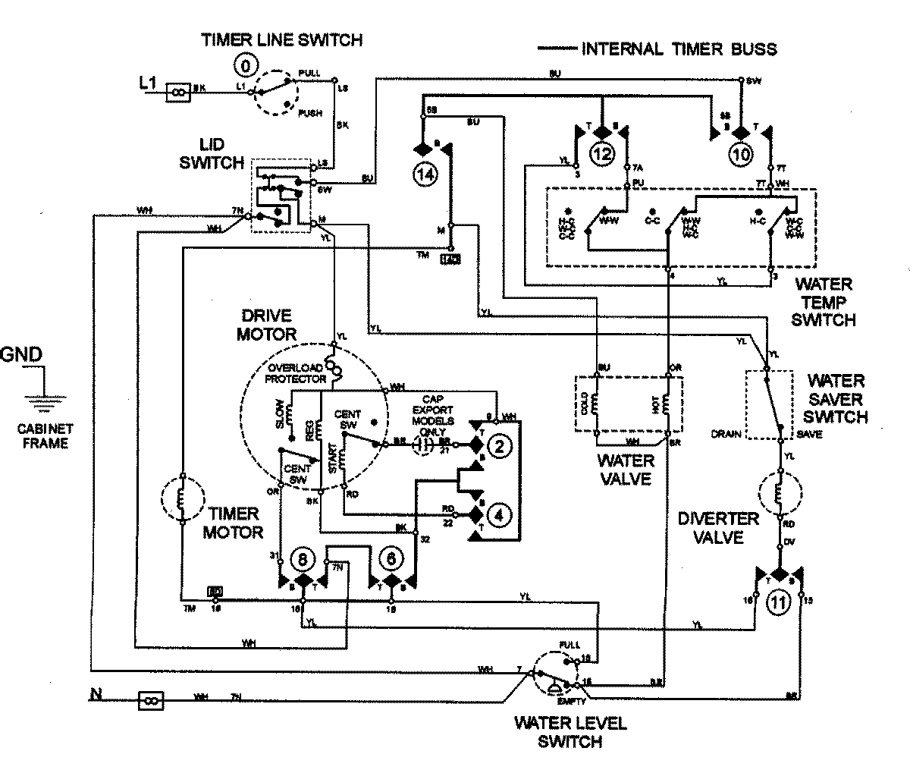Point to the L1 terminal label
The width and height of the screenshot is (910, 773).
tap(148, 83)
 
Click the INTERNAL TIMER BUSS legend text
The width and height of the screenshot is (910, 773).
tap(679, 49)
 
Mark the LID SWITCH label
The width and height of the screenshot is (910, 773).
tap(222, 154)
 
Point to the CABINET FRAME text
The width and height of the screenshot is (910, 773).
tap(43, 435)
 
